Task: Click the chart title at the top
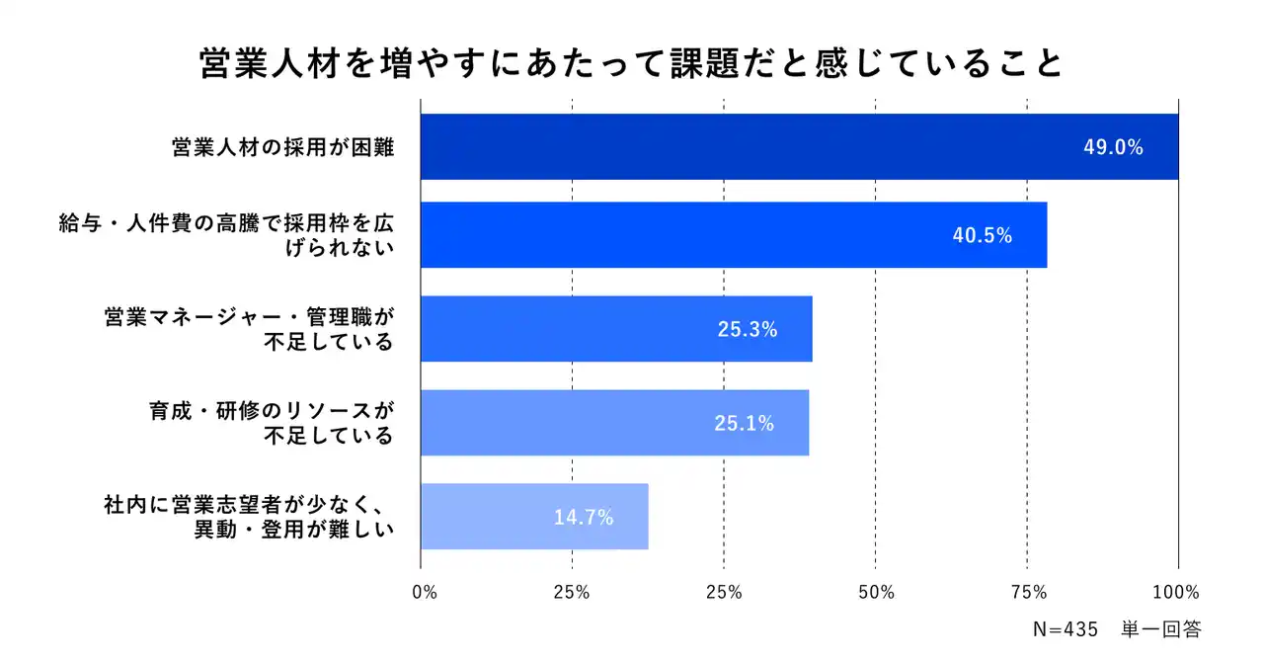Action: (632, 63)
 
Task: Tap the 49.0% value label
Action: (1113, 148)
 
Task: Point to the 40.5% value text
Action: (983, 236)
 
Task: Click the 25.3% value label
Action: (748, 330)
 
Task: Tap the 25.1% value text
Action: (744, 424)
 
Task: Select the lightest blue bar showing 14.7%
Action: (534, 517)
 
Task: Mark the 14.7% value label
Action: (584, 517)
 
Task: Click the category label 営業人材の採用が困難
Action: (282, 148)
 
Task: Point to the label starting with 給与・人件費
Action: (227, 235)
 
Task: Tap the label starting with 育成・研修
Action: (265, 423)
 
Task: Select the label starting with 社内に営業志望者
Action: (249, 517)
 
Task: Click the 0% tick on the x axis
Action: (424, 593)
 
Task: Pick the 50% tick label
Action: (876, 593)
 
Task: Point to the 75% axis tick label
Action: (1028, 593)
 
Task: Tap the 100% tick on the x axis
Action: (1177, 593)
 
